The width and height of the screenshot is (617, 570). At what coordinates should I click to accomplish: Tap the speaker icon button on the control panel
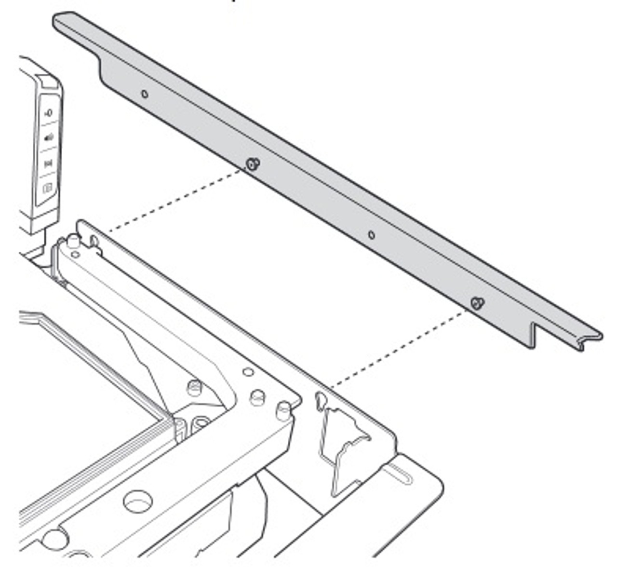coord(49,138)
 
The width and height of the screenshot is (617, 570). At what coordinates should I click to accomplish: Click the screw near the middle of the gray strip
coord(252,164)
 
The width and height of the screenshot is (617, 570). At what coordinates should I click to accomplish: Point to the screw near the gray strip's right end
coord(477,303)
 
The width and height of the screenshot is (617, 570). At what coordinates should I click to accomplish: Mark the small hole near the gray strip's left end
coord(144,94)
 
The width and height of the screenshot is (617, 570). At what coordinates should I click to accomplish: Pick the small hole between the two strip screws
coord(371,235)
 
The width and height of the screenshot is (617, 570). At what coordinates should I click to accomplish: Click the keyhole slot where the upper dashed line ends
coord(94,240)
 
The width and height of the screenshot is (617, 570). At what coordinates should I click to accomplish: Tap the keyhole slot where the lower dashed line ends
coord(319,398)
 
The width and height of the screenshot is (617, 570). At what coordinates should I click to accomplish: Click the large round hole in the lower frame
coord(138,502)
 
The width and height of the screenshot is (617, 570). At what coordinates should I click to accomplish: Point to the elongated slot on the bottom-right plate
coord(400,473)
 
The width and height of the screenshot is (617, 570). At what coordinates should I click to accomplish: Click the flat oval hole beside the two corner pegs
coord(248,372)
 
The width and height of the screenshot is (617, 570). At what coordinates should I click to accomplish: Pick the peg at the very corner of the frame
coord(283,410)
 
